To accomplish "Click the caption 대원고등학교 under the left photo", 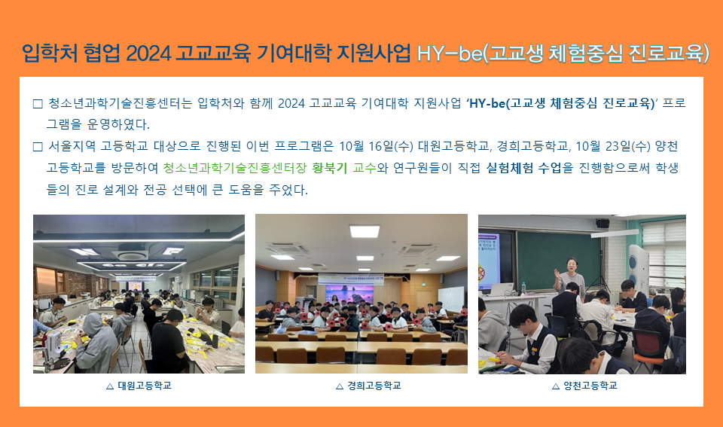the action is (145, 386).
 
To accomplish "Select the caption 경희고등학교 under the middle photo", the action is (374, 386).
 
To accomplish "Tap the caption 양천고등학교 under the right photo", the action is (590, 386).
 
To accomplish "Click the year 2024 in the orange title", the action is (148, 53).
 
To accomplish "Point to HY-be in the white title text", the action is (450, 53).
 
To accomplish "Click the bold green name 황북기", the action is (329, 168).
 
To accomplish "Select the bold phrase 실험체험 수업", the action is (523, 168).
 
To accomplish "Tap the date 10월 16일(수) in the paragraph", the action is (376, 146).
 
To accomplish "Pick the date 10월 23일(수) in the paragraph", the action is (613, 146).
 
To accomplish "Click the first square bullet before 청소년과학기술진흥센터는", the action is (38, 104).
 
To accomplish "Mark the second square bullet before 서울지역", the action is (38, 147).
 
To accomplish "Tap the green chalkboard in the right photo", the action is (559, 260).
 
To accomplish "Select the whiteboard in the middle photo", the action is (450, 298).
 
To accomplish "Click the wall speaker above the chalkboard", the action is (602, 223).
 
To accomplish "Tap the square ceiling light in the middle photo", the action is (365, 230).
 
